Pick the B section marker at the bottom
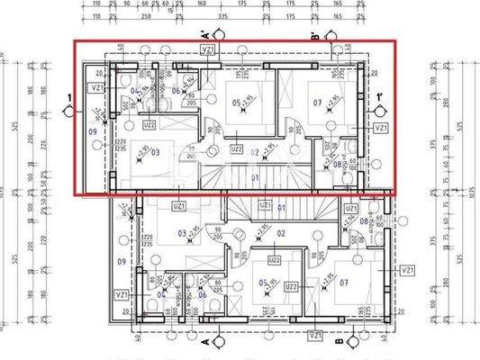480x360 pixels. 337,344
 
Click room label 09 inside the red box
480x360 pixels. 93,131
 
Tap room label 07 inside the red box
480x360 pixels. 318,103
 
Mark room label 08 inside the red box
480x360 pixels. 338,164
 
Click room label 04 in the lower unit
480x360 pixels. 160,294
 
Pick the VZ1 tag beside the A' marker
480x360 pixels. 208,51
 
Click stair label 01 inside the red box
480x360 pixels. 255,178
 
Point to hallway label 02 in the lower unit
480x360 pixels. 280,232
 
